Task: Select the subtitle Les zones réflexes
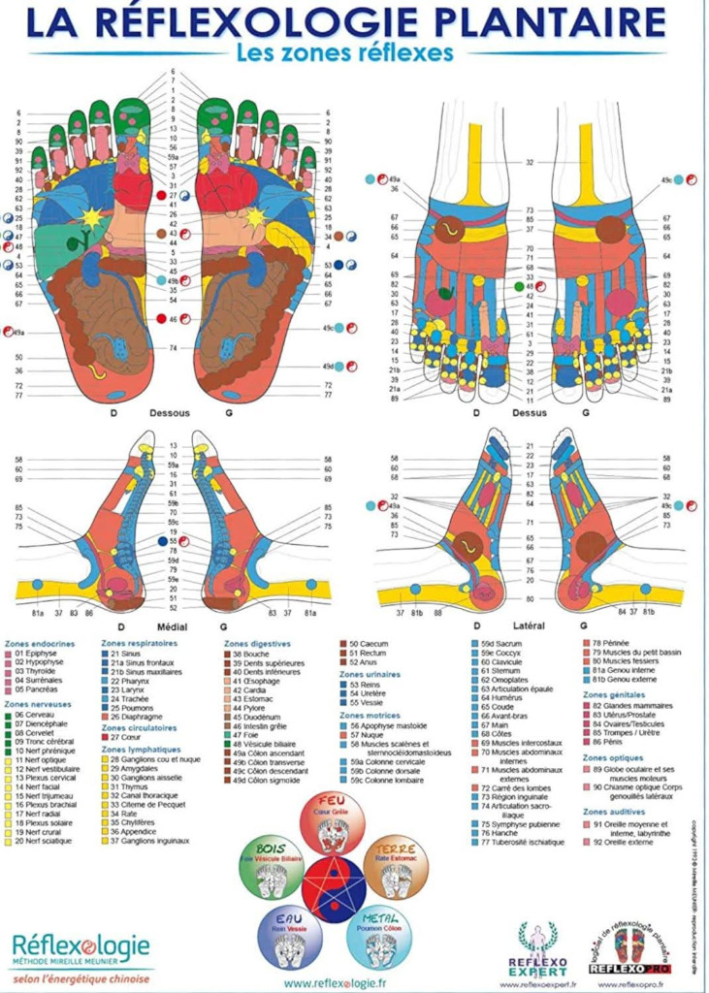[x=344, y=53]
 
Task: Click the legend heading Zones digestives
[x=256, y=643]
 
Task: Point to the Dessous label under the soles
[x=171, y=411]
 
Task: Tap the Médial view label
[x=172, y=627]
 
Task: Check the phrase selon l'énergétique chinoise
[x=81, y=978]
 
